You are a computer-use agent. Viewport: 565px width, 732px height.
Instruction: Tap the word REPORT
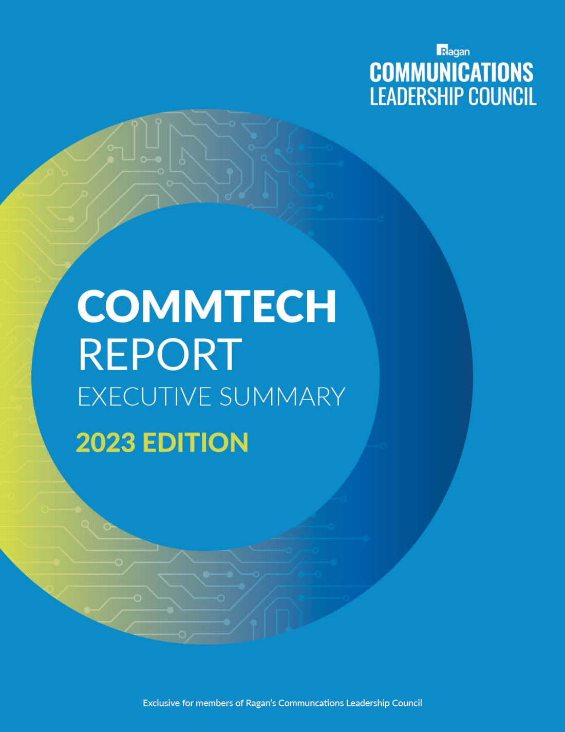[160, 355]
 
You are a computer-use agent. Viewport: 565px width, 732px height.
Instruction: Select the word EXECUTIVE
[144, 397]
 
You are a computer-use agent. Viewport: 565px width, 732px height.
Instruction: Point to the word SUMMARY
[282, 397]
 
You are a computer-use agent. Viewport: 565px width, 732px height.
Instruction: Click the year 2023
[106, 443]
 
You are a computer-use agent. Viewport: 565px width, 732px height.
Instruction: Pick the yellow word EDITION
[195, 443]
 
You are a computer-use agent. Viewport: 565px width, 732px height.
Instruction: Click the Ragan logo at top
[453, 50]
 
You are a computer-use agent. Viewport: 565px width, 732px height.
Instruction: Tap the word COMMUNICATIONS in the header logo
[451, 72]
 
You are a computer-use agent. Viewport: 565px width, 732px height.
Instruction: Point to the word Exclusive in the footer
[161, 703]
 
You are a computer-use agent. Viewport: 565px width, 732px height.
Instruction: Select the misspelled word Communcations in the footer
[311, 703]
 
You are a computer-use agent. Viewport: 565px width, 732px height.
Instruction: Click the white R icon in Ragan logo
[441, 49]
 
